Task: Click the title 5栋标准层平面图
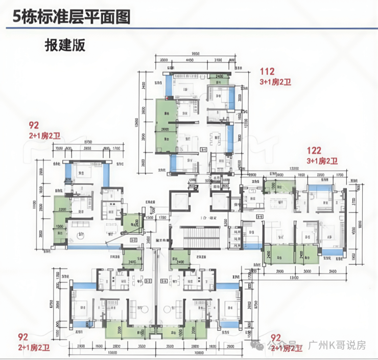pos(66,17)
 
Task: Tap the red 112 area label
pos(267,72)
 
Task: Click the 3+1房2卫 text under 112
pos(275,82)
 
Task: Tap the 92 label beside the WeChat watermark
pos(275,338)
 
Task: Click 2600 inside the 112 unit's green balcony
pos(164,129)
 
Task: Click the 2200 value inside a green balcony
pos(62,210)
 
